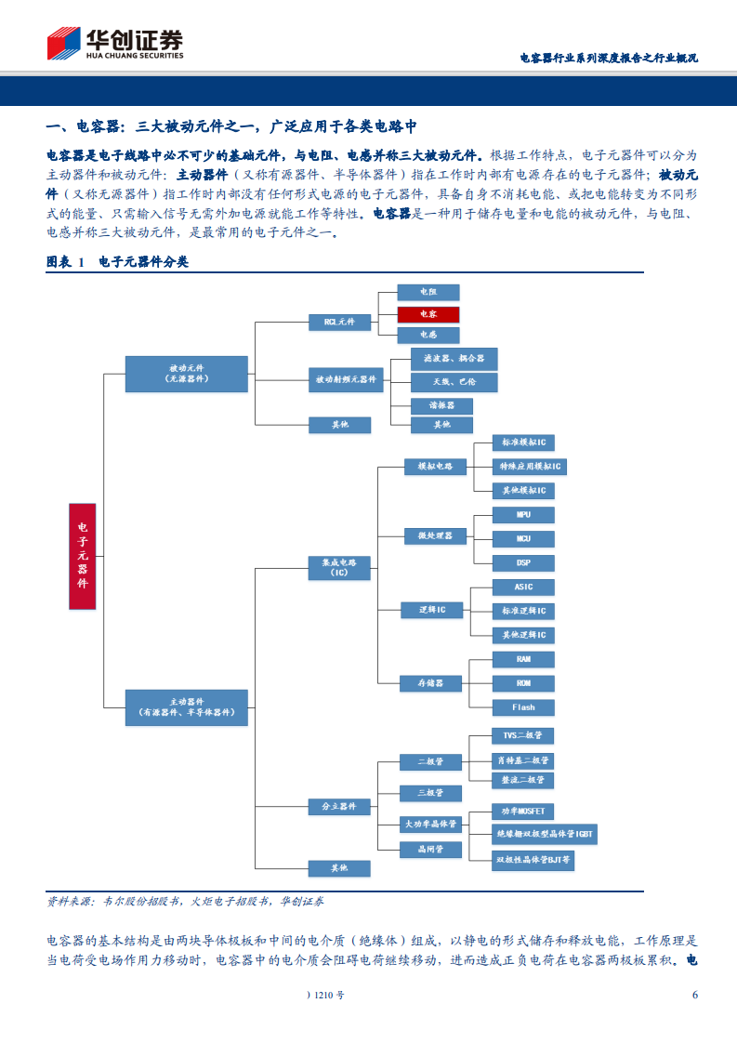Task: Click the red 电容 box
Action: (x=428, y=314)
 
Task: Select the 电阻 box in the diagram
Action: (x=428, y=292)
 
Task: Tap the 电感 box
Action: (x=428, y=335)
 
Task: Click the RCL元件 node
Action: (x=339, y=323)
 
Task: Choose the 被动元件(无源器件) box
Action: (x=186, y=373)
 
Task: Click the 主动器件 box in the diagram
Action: (x=186, y=707)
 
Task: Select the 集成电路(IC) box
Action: (x=339, y=568)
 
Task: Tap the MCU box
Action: (x=524, y=539)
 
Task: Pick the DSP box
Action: (x=524, y=562)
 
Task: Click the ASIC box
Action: (x=524, y=588)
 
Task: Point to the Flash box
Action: (x=524, y=706)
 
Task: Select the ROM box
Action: (x=524, y=683)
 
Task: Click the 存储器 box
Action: (x=429, y=683)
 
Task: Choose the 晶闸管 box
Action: (x=429, y=848)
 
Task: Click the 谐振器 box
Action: (x=441, y=406)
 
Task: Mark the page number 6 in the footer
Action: (x=694, y=995)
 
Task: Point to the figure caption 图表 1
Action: (x=65, y=262)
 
